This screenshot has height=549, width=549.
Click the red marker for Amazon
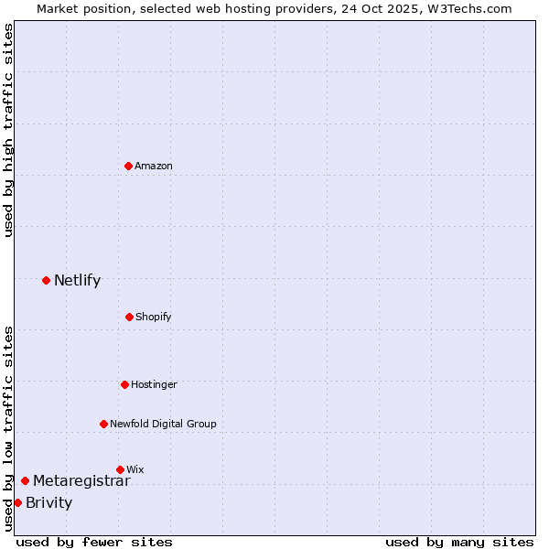click(128, 166)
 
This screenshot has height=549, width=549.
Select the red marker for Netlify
click(46, 280)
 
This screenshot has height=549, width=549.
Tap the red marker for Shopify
click(129, 317)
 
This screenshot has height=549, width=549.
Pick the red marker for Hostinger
click(124, 384)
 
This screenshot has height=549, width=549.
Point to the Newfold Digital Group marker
click(103, 424)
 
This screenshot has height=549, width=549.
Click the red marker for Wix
click(120, 469)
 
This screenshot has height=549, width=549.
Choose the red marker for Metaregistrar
click(25, 480)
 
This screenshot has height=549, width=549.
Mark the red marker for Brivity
click(17, 502)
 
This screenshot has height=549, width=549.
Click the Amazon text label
click(154, 166)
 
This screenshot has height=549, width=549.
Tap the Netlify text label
click(77, 281)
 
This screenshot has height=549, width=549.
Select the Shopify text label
click(154, 317)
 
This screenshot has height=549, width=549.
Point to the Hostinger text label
click(154, 384)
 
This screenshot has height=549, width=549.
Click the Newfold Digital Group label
click(163, 424)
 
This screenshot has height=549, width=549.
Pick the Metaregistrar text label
click(81, 481)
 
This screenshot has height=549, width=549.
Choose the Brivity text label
click(48, 503)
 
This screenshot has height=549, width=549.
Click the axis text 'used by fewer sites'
click(94, 542)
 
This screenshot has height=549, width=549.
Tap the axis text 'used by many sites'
click(459, 542)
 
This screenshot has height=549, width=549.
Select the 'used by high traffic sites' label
click(9, 130)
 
